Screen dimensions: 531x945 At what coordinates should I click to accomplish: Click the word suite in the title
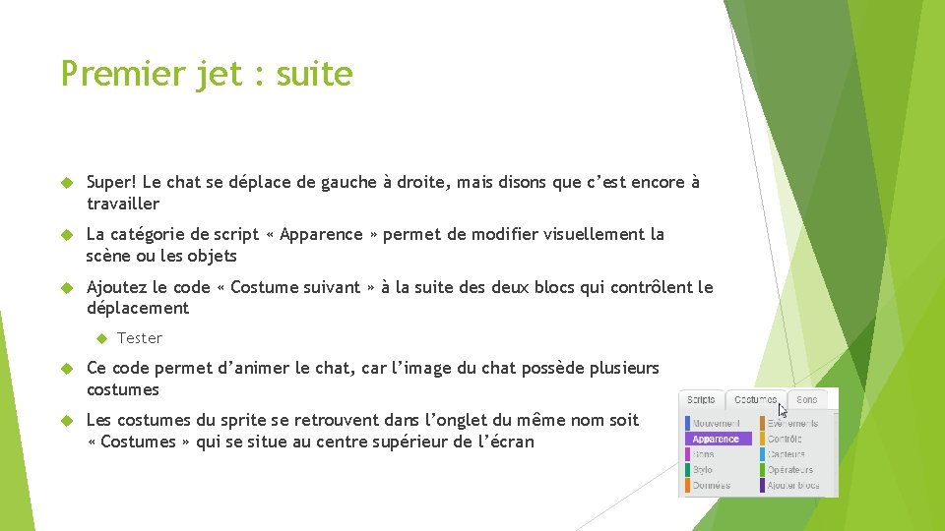tap(314, 74)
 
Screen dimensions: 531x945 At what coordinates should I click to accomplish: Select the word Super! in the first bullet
tap(111, 182)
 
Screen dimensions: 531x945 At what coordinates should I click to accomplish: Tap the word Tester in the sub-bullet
tap(140, 338)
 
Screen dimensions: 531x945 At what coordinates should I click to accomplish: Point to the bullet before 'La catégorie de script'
tap(67, 235)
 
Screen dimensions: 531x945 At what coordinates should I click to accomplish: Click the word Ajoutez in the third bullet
tap(117, 287)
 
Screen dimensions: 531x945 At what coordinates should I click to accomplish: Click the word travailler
tap(122, 204)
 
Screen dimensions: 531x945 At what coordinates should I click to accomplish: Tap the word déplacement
tap(137, 308)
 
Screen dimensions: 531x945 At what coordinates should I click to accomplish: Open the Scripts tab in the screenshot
tap(701, 400)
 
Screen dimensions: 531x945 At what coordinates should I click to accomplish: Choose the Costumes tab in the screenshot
tap(756, 400)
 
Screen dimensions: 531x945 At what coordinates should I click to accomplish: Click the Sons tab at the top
tap(807, 400)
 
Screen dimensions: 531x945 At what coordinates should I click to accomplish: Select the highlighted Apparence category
tap(717, 439)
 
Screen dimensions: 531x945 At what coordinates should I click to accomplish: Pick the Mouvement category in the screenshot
tap(716, 423)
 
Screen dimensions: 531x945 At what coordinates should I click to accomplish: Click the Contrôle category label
tap(785, 439)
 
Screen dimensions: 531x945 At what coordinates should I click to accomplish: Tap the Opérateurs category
tap(790, 470)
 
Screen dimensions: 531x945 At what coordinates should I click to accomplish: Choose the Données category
tap(711, 486)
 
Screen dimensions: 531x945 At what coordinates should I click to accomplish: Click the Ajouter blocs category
tap(792, 486)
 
